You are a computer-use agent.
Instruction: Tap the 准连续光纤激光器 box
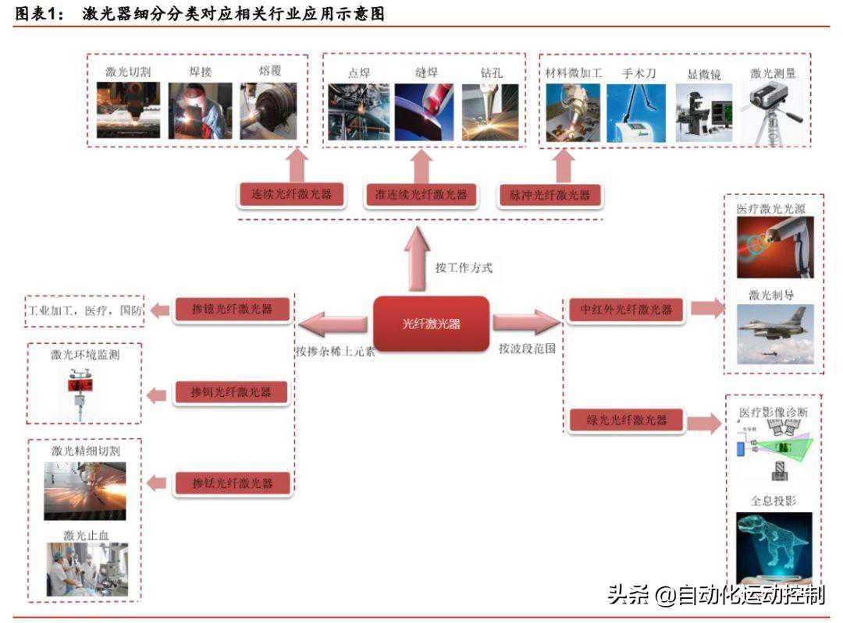pyautogui.click(x=421, y=194)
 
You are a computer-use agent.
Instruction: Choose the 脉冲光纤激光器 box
pyautogui.click(x=550, y=195)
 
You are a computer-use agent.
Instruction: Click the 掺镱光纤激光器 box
pyautogui.click(x=233, y=309)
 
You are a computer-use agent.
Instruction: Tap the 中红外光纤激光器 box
pyautogui.click(x=627, y=309)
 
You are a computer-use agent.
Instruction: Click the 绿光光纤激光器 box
pyautogui.click(x=627, y=420)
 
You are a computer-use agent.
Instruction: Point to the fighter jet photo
pyautogui.click(x=774, y=334)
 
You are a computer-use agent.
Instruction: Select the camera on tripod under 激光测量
pyautogui.click(x=773, y=113)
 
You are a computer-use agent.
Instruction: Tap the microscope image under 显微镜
pyautogui.click(x=703, y=113)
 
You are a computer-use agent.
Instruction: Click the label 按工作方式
pyautogui.click(x=464, y=267)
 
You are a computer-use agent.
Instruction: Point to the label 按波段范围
pyautogui.click(x=528, y=349)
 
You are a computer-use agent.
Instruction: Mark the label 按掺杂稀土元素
pyautogui.click(x=335, y=350)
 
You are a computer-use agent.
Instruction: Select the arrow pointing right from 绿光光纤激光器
pyautogui.click(x=704, y=423)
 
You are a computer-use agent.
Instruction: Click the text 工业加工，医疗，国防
pyautogui.click(x=86, y=310)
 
